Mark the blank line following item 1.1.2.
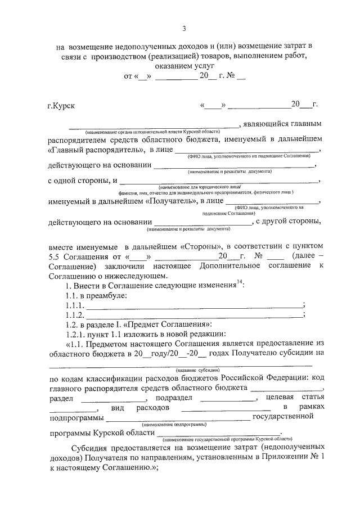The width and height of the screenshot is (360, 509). tap(193, 315)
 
